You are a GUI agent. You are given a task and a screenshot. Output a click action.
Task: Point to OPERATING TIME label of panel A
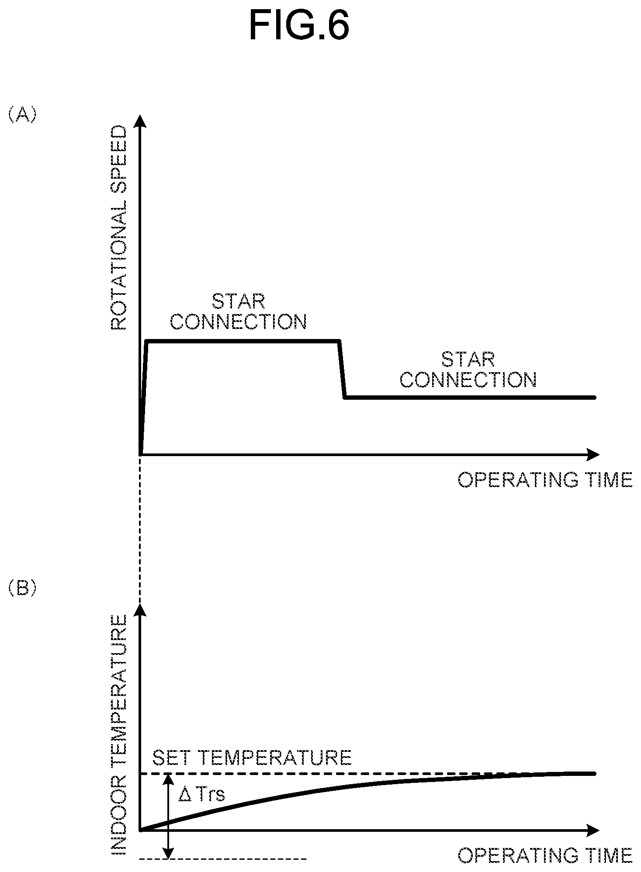tap(545, 480)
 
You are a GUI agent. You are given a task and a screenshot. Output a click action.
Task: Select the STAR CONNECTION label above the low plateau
tap(468, 370)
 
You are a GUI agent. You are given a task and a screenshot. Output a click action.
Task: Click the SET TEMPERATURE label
tap(252, 758)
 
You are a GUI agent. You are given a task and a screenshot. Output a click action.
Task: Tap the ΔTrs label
tap(201, 795)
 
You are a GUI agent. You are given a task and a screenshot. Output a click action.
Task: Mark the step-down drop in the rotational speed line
tap(342, 369)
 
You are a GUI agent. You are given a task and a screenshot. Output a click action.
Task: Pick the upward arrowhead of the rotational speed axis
tap(140, 121)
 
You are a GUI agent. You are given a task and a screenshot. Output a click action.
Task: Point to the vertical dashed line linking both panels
tap(140, 529)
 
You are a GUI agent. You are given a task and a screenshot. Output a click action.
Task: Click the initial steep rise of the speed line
tap(144, 398)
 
